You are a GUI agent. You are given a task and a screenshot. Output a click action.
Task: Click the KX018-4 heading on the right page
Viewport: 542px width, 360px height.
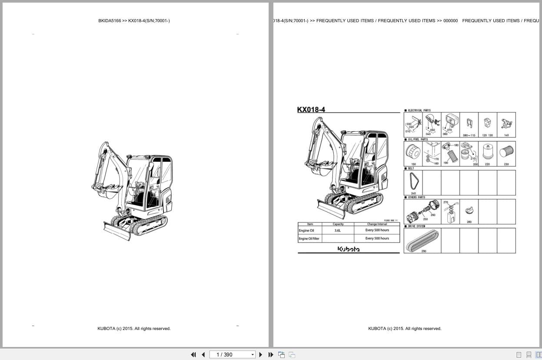click(x=311, y=110)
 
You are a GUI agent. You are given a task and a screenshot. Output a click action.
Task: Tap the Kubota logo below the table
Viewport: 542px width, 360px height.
click(x=349, y=249)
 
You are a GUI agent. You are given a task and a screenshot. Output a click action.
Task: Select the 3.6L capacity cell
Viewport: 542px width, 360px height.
click(x=338, y=230)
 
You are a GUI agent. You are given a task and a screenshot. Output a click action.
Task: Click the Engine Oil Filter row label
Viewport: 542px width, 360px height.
click(x=309, y=239)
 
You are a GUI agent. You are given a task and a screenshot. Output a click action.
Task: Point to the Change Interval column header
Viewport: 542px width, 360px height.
click(x=377, y=224)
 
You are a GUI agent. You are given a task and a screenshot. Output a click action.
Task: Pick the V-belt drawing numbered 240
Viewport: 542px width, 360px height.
click(x=413, y=182)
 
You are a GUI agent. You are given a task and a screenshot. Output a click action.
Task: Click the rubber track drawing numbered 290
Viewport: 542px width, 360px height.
click(x=422, y=240)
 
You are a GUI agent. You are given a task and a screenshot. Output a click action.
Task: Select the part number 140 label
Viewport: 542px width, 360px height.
click(x=506, y=135)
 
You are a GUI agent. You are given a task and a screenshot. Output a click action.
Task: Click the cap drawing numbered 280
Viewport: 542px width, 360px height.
click(x=469, y=211)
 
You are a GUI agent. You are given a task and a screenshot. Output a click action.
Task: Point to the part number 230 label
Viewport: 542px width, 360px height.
click(x=506, y=164)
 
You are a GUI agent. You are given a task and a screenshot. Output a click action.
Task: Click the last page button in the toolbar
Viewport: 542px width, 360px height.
click(x=271, y=355)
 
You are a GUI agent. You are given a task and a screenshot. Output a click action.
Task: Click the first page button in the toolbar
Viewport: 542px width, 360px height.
click(x=193, y=355)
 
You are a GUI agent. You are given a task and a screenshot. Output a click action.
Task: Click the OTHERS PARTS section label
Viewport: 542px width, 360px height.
click(x=416, y=197)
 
